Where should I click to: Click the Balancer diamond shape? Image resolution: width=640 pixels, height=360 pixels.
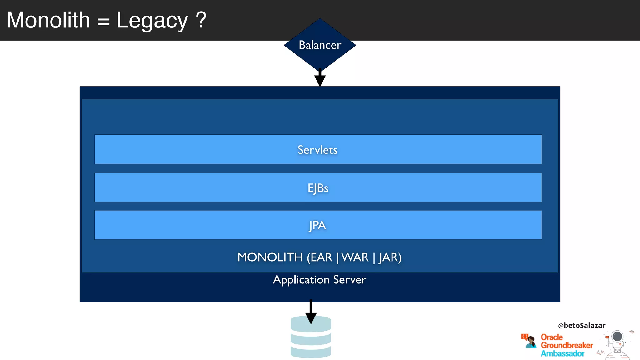(320, 45)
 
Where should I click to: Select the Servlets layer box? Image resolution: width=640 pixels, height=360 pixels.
(318, 149)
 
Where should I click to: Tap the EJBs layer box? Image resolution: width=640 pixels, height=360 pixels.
(318, 188)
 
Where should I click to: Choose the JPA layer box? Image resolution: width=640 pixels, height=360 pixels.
(318, 225)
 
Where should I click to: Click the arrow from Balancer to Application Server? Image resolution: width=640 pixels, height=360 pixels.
(320, 78)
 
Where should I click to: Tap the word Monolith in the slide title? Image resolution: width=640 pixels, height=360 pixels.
(48, 20)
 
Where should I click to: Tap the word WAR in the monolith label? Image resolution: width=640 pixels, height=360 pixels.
(355, 257)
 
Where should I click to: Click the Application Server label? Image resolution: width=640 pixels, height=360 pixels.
(319, 280)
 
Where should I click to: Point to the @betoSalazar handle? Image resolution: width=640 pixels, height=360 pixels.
(582, 326)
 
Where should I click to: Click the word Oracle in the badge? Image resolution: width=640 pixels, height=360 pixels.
(552, 337)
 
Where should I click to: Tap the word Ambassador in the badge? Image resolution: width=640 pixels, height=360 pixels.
(562, 353)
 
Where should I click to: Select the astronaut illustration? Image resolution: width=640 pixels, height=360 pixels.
(617, 344)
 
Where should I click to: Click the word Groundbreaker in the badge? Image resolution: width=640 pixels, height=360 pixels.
(567, 345)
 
